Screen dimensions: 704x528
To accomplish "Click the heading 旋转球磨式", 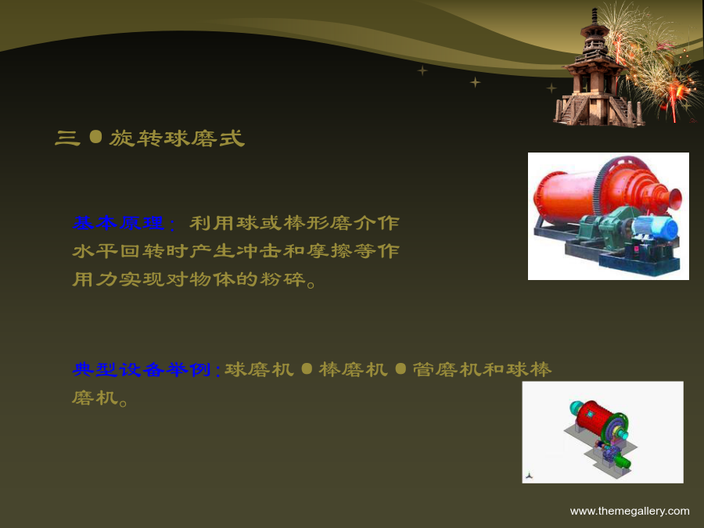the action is (x=177, y=138).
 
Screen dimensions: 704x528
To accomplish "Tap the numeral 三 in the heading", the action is (x=67, y=138).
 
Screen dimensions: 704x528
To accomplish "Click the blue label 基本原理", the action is (x=118, y=223).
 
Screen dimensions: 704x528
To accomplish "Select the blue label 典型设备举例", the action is (x=141, y=369).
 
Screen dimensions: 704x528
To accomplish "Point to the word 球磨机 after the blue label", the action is (x=259, y=369).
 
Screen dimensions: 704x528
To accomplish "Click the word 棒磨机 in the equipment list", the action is (x=354, y=369).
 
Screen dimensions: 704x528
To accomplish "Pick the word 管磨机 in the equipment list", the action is (x=447, y=369).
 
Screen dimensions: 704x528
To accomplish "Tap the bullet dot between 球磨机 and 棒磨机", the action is (x=307, y=368).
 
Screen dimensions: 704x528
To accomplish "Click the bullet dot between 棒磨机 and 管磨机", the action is (x=400, y=368).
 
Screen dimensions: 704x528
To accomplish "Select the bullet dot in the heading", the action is (x=95, y=137).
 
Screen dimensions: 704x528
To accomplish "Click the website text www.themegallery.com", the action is (x=630, y=511).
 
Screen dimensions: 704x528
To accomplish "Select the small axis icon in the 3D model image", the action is (x=530, y=476).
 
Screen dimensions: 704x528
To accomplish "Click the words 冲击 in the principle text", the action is (x=259, y=251).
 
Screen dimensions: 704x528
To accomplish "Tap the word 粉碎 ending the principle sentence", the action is (x=283, y=279).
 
